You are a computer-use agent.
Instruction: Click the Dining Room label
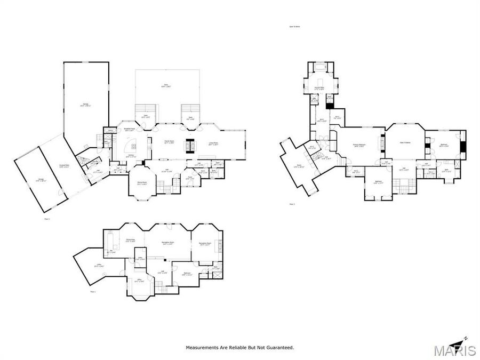tap(142, 183)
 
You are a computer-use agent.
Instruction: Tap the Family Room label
tap(170, 142)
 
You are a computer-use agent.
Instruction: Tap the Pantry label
tap(110, 130)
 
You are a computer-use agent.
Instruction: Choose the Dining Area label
tap(130, 241)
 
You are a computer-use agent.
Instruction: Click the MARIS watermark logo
tap(454, 350)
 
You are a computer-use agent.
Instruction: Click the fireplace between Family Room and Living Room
tap(189, 145)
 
